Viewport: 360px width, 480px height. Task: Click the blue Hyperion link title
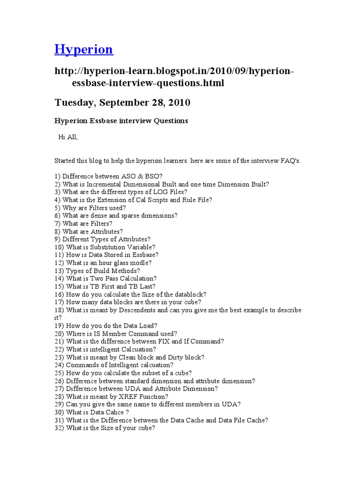(x=84, y=49)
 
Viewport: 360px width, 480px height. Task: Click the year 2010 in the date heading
(x=177, y=102)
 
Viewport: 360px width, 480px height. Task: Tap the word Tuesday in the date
(x=76, y=102)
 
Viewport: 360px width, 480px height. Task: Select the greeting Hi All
(x=67, y=137)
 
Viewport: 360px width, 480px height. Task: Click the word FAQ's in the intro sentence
(x=289, y=160)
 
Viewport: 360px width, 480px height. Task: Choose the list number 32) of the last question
(x=59, y=428)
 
